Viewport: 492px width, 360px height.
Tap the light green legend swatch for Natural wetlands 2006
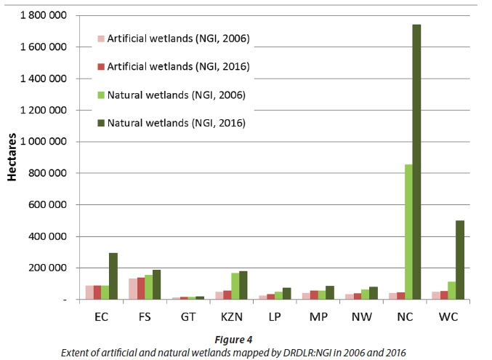101,95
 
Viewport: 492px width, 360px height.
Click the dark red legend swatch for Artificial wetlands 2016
101,66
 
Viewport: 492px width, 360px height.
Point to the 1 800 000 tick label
46,15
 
